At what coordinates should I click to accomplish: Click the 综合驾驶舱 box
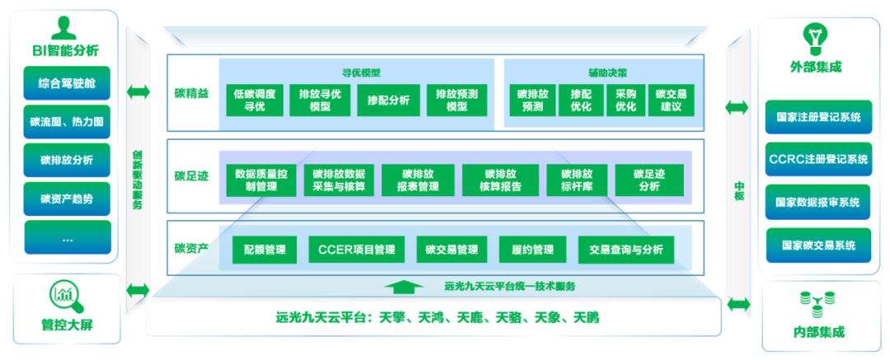(67, 84)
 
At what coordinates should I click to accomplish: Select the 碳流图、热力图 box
(67, 122)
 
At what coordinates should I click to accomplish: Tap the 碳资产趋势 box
(67, 199)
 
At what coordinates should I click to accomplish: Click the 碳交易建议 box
(671, 101)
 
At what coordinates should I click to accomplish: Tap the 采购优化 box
(625, 101)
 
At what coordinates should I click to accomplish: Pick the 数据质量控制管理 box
(260, 180)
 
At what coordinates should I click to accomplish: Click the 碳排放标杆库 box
(577, 180)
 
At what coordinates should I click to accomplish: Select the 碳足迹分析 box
(649, 180)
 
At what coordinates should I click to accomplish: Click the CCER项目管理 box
(356, 249)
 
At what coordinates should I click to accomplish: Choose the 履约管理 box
(532, 249)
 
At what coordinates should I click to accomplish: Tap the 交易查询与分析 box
(625, 249)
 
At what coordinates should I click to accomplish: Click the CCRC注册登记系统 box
(817, 159)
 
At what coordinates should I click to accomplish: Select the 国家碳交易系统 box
(817, 245)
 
